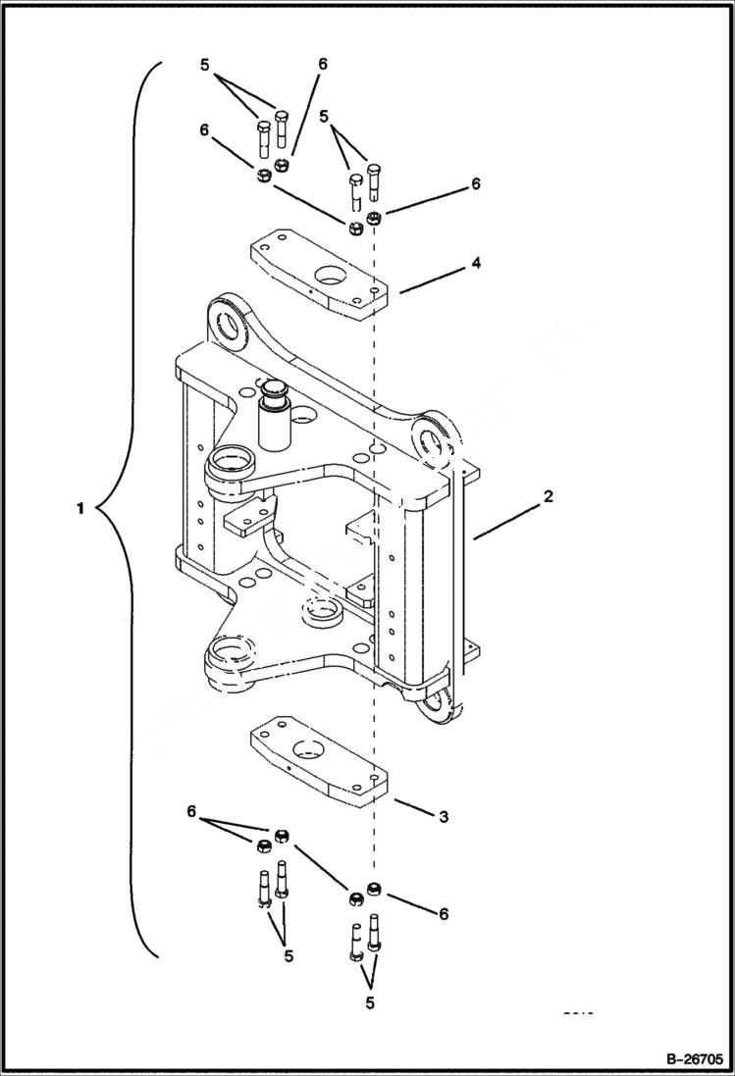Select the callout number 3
tap(444, 816)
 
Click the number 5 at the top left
tap(204, 65)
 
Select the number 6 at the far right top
tap(476, 183)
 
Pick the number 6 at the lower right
tap(444, 913)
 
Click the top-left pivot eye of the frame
tap(232, 325)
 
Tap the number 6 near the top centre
tap(322, 65)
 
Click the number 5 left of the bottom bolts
tap(289, 954)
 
